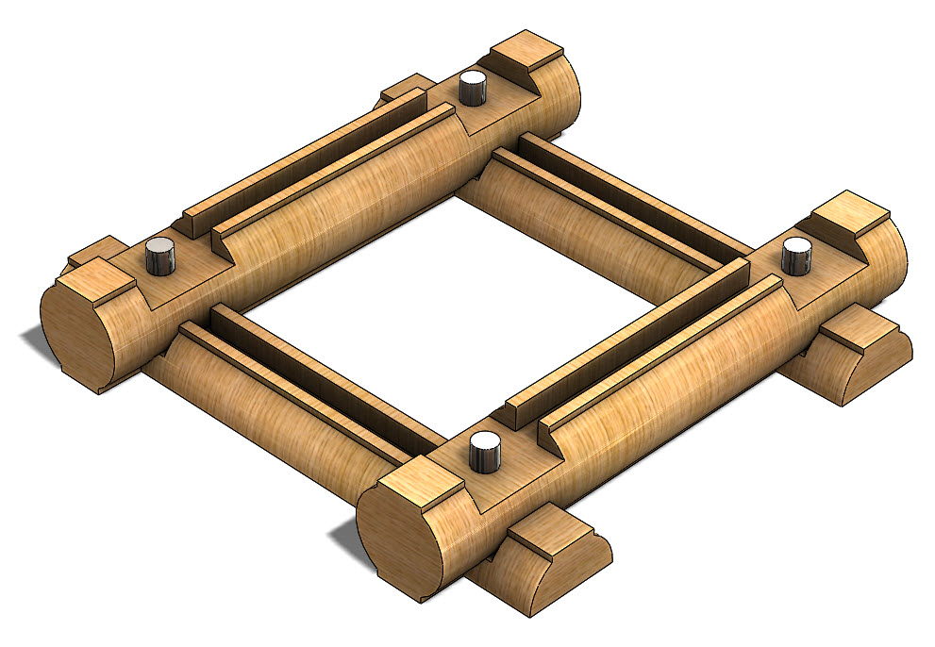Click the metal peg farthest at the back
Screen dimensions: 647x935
point(472,89)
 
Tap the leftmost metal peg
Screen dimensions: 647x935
point(161,257)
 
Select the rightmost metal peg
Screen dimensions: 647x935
point(798,255)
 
